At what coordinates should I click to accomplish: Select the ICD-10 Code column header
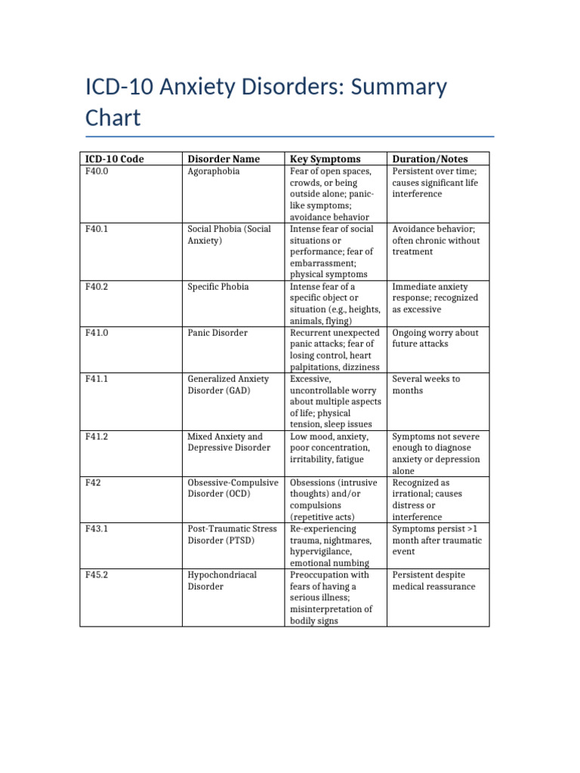(114, 159)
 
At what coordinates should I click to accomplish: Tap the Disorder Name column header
(223, 159)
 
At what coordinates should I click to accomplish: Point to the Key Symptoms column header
(325, 159)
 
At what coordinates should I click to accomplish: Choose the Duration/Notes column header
(430, 159)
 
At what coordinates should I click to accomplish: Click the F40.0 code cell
(97, 171)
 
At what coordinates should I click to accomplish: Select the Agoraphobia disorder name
(213, 171)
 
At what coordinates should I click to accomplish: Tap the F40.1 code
(97, 229)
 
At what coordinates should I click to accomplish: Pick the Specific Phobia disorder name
(217, 287)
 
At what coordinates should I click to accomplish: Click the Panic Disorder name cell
(217, 333)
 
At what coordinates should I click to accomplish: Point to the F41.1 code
(97, 379)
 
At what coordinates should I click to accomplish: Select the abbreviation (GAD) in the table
(236, 391)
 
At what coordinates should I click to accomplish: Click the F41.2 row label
(97, 436)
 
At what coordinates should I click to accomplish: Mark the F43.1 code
(97, 528)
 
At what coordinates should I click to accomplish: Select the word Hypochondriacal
(221, 574)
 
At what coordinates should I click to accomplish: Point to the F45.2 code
(97, 574)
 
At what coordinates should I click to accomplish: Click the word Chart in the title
(113, 119)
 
